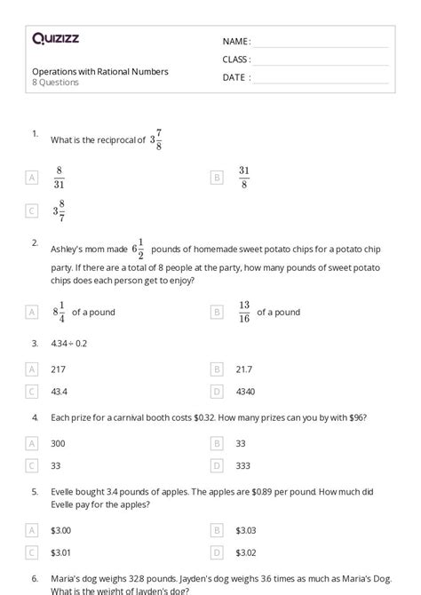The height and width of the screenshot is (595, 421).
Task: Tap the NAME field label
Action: pos(236,42)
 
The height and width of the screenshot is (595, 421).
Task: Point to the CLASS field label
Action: pos(236,59)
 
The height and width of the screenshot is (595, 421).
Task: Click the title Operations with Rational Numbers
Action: pos(100,71)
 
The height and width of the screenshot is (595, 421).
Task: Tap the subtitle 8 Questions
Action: pos(55,83)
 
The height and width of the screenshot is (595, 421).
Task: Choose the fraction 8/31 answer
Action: pos(59,178)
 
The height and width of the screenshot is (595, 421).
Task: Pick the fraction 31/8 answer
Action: pos(244,178)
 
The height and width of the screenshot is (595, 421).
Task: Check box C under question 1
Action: pos(32,210)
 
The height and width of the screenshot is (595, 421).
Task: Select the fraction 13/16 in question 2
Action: pos(244,312)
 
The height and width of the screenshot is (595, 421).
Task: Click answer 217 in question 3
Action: pos(59,369)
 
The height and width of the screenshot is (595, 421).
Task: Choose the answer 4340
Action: pos(245,391)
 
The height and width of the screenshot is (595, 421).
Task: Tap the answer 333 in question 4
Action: pos(243,464)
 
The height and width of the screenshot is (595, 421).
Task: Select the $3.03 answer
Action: pos(246,530)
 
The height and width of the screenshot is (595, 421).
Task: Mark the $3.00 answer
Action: pos(60,530)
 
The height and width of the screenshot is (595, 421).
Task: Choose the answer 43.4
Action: pos(60,391)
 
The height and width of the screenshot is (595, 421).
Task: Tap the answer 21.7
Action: pos(243,369)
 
